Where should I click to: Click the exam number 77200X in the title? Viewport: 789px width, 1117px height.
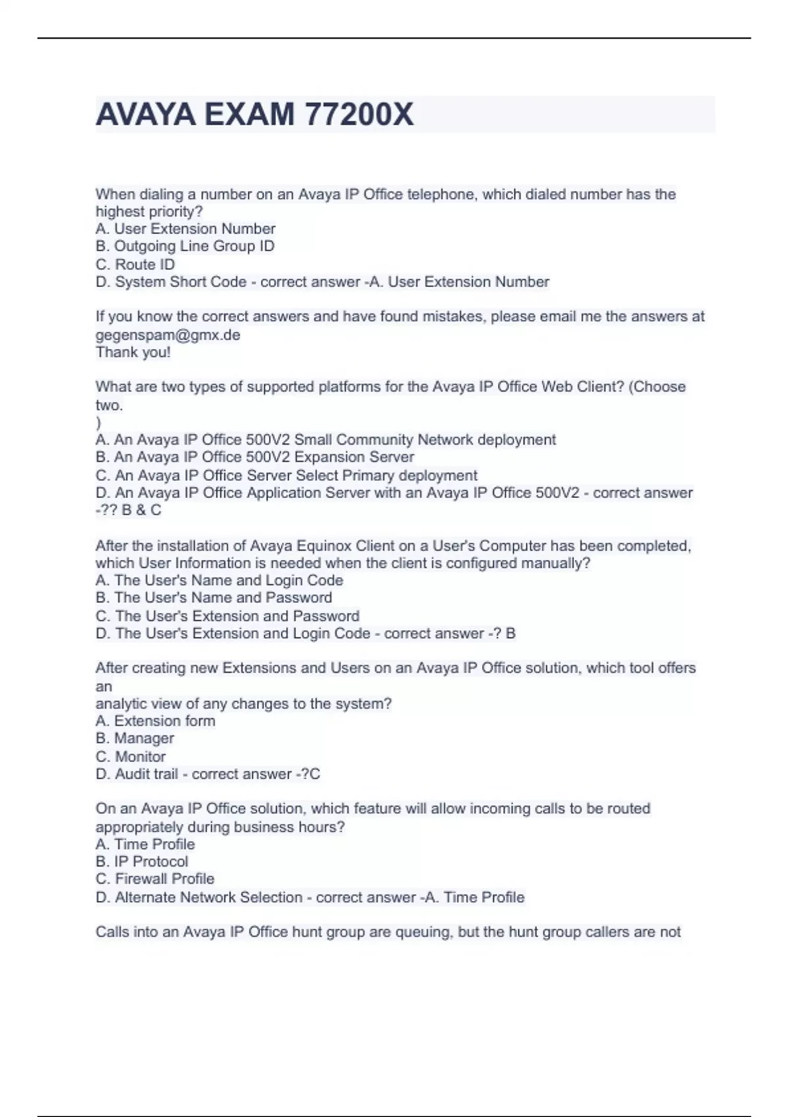point(359,114)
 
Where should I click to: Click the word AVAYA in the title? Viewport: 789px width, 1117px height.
point(145,114)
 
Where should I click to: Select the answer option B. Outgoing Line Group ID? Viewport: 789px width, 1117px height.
point(185,246)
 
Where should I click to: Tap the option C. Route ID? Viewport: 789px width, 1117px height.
point(135,264)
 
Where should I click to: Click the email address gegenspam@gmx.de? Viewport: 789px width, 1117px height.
point(168,334)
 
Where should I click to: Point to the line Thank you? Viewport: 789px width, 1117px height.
point(133,352)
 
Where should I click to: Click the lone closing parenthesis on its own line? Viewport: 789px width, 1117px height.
point(99,422)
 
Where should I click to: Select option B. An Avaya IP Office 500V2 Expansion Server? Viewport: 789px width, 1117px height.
point(254,457)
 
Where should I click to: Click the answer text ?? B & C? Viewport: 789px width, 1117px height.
point(131,511)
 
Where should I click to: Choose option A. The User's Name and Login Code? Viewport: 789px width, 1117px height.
point(219,580)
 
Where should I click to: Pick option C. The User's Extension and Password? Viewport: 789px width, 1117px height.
point(227,616)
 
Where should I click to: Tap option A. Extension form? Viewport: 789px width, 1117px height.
point(155,721)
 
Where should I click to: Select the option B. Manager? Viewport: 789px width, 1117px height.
point(135,739)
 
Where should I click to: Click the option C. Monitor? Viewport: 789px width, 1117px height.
point(130,756)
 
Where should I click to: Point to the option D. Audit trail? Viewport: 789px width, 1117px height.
point(137,774)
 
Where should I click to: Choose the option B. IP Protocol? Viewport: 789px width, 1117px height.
point(141,861)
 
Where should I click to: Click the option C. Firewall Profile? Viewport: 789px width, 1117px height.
point(155,879)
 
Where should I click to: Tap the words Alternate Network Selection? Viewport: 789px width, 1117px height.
point(208,897)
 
